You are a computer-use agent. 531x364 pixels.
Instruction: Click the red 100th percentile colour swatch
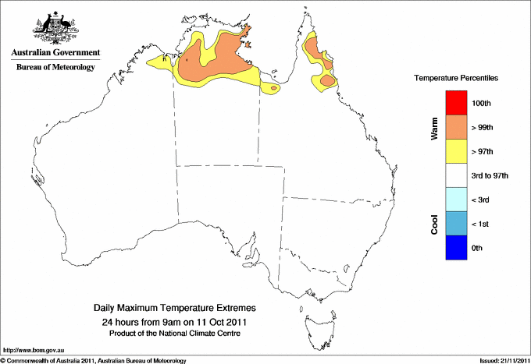[455, 103]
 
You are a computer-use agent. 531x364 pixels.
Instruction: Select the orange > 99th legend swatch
[455, 127]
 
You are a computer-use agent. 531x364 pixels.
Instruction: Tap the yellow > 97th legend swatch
[455, 151]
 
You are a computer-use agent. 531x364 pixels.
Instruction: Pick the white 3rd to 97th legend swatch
[455, 175]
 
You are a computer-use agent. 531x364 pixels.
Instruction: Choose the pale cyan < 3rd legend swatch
[455, 200]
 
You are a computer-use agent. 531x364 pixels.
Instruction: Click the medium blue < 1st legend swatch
[455, 224]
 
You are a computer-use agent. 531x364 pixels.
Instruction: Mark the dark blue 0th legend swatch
[455, 248]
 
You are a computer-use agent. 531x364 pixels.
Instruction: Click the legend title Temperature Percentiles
[456, 79]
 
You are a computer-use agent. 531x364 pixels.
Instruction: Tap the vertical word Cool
[434, 224]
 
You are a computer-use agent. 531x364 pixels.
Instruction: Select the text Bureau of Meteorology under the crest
[55, 68]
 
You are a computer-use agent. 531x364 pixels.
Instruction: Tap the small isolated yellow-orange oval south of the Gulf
[273, 88]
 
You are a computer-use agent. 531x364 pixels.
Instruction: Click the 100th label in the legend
[483, 103]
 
